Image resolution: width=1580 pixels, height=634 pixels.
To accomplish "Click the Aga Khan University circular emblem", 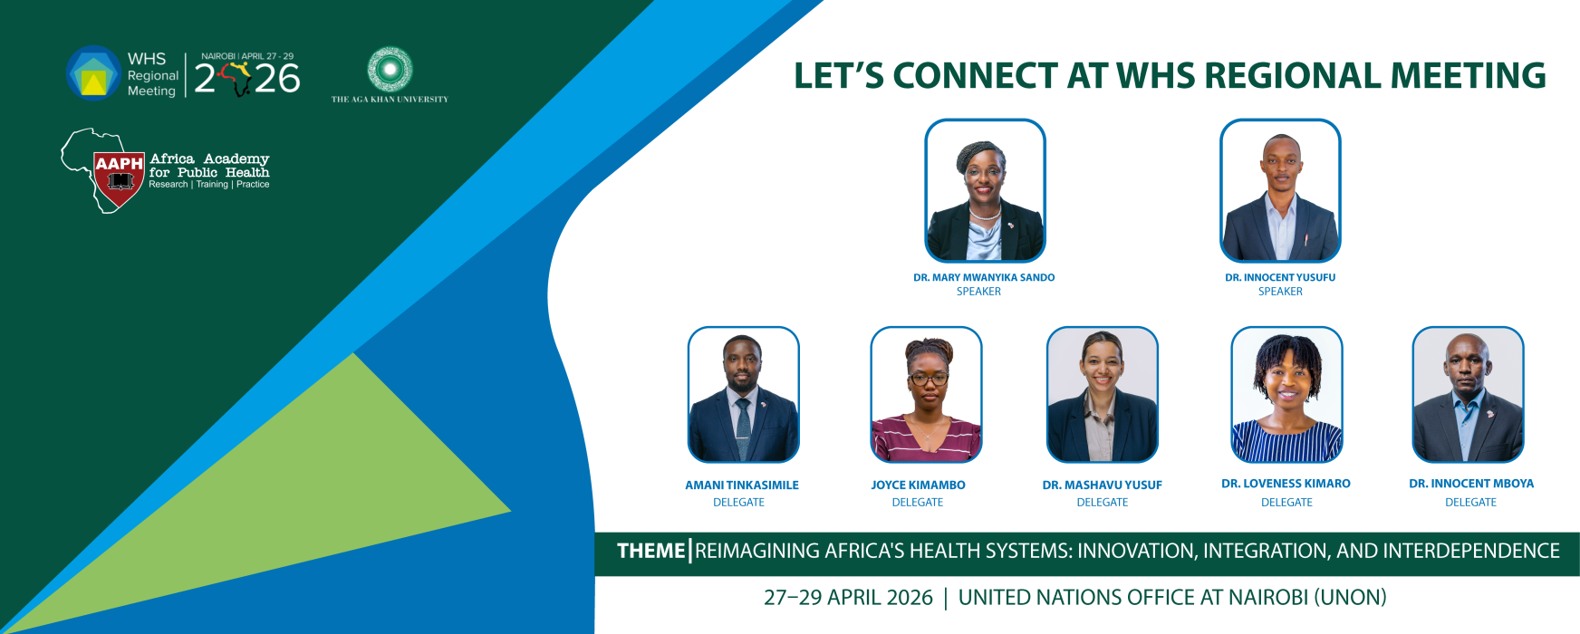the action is tap(390, 69).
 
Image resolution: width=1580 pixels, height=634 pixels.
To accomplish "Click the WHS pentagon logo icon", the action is tap(93, 73).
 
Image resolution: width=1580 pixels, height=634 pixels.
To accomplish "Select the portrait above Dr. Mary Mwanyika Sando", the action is tap(985, 190).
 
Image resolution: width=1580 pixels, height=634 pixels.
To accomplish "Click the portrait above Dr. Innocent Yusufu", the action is tap(1280, 190).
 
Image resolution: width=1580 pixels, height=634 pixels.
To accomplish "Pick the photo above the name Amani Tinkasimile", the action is tap(743, 395).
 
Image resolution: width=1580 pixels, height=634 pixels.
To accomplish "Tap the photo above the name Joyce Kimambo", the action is tap(926, 395).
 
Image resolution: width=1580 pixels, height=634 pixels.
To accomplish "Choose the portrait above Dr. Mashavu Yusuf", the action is tap(1103, 395).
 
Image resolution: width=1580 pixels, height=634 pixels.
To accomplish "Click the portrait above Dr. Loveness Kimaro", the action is tap(1286, 395).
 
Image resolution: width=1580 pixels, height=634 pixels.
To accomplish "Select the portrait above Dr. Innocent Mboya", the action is tap(1469, 395).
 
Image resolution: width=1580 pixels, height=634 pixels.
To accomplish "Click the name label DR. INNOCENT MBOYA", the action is tap(1471, 484).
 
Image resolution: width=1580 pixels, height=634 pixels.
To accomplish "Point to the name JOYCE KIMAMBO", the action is tap(918, 485).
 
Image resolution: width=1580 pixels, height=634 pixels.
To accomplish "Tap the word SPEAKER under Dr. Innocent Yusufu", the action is tap(1280, 292).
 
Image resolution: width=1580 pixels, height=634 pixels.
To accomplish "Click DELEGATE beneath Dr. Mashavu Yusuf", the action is tap(1103, 503).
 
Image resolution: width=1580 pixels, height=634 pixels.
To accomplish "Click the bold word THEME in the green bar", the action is tap(650, 551).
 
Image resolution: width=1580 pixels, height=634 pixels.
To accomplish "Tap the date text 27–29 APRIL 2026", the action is tap(848, 598).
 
